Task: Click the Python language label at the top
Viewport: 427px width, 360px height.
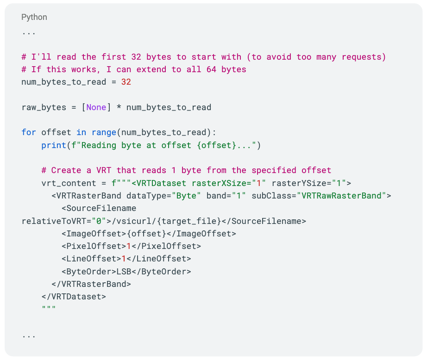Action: pos(34,17)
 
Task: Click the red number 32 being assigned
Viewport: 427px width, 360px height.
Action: pos(126,82)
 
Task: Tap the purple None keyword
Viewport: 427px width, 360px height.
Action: pos(96,107)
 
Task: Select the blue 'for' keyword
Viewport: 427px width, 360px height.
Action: pos(29,132)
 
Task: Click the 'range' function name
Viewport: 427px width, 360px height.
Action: pos(104,132)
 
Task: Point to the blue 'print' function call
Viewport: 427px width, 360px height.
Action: pos(54,145)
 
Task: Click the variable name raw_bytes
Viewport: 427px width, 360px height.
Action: pos(44,107)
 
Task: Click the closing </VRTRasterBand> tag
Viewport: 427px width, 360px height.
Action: pos(91,284)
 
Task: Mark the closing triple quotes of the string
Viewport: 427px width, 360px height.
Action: pos(49,309)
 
